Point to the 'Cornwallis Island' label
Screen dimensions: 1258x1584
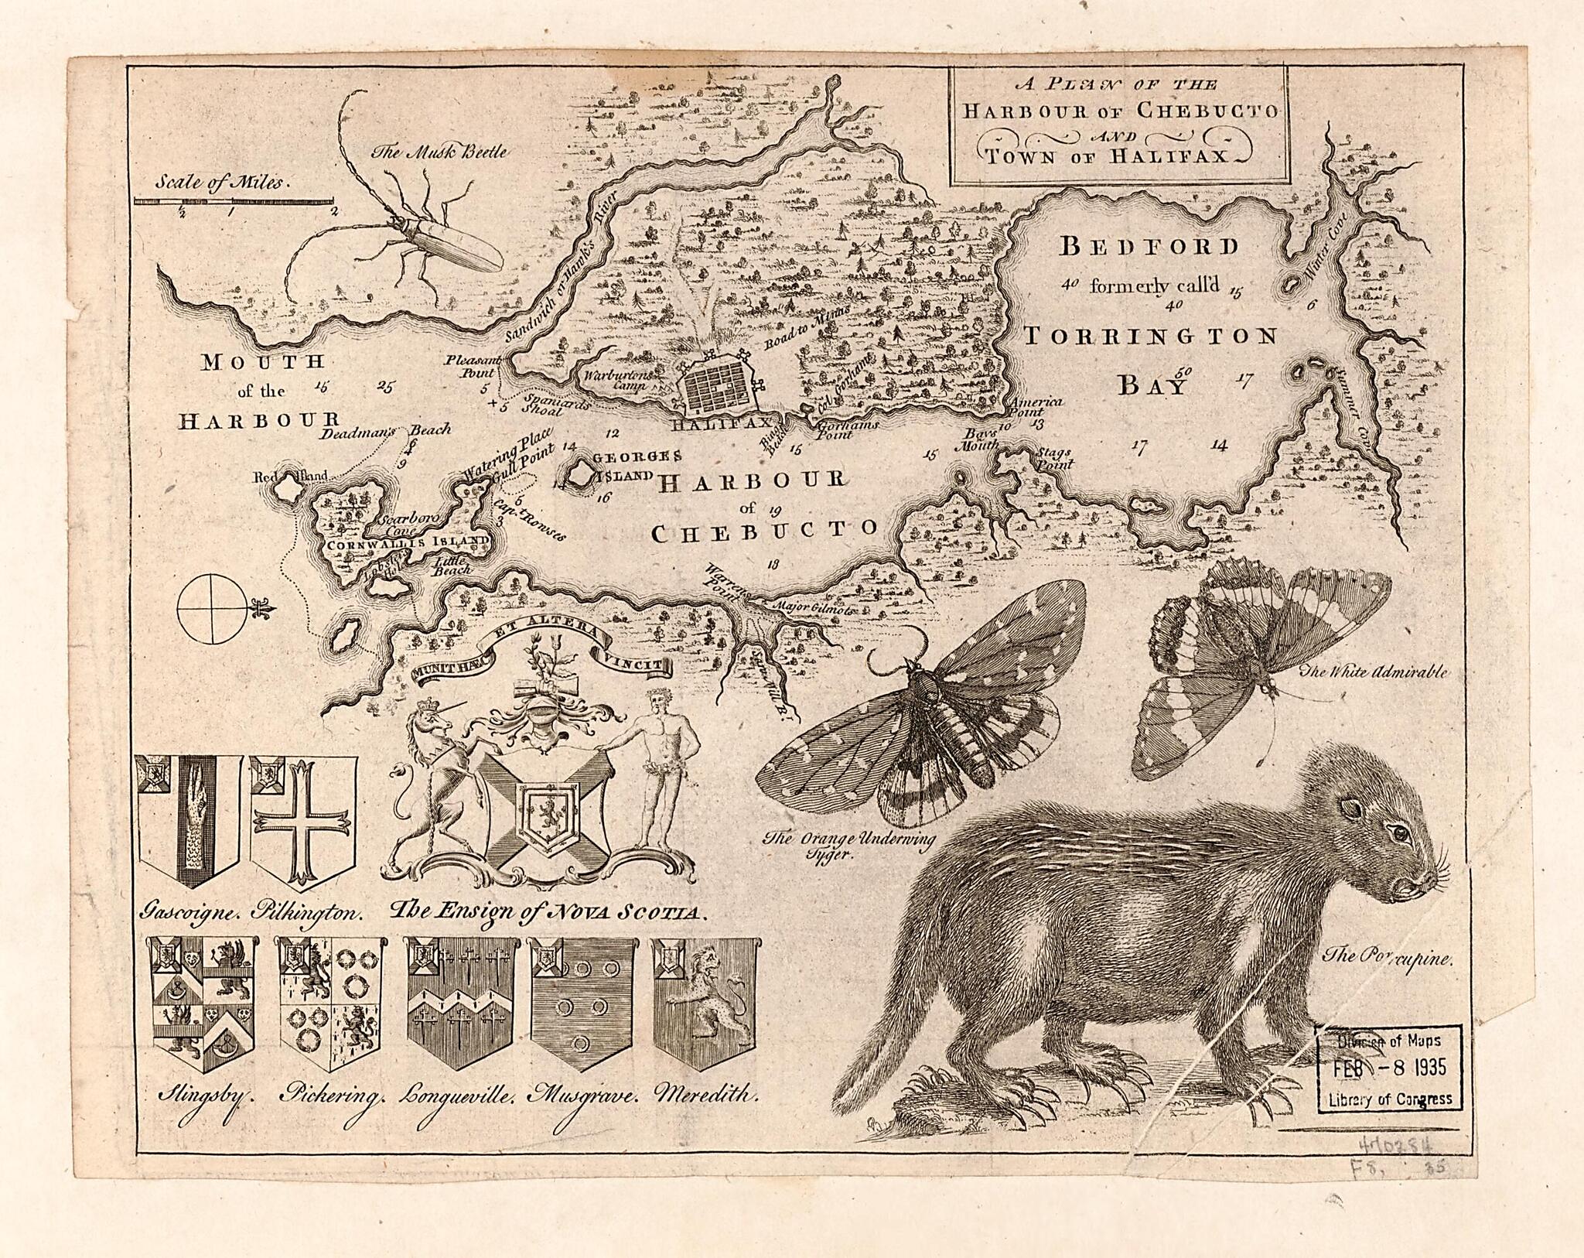click(x=407, y=543)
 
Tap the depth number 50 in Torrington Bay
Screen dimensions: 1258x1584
click(x=1183, y=371)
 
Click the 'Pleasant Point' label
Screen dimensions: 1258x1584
click(x=471, y=366)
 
